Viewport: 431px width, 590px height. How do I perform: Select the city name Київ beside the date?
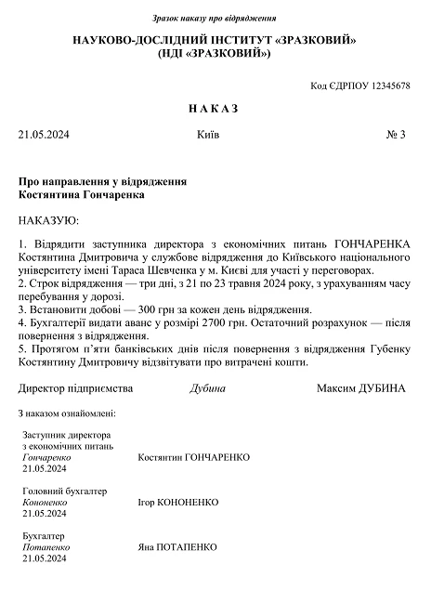209,136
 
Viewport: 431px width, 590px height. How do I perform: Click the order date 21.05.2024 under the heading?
44,136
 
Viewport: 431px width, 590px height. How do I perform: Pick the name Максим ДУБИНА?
360,387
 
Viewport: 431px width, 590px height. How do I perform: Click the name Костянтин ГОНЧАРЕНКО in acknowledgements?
193,458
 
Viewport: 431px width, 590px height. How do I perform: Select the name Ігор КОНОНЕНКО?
177,502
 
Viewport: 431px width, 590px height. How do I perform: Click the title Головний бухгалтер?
63,491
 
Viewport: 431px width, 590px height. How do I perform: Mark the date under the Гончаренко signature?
44,469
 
